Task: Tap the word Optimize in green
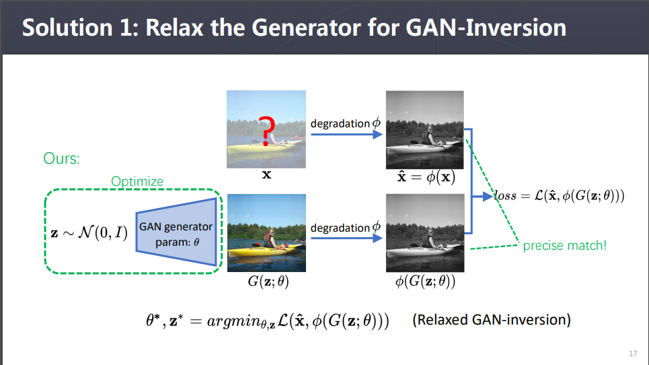(x=137, y=182)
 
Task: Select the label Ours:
(x=62, y=159)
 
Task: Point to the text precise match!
(x=564, y=246)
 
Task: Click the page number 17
(x=632, y=354)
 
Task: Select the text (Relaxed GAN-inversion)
(x=492, y=319)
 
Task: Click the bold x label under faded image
(x=266, y=175)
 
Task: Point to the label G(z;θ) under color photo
(x=268, y=282)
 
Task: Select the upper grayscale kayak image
(x=425, y=130)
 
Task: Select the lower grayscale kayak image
(x=425, y=233)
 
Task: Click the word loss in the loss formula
(x=506, y=197)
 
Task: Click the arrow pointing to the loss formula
(x=484, y=197)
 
